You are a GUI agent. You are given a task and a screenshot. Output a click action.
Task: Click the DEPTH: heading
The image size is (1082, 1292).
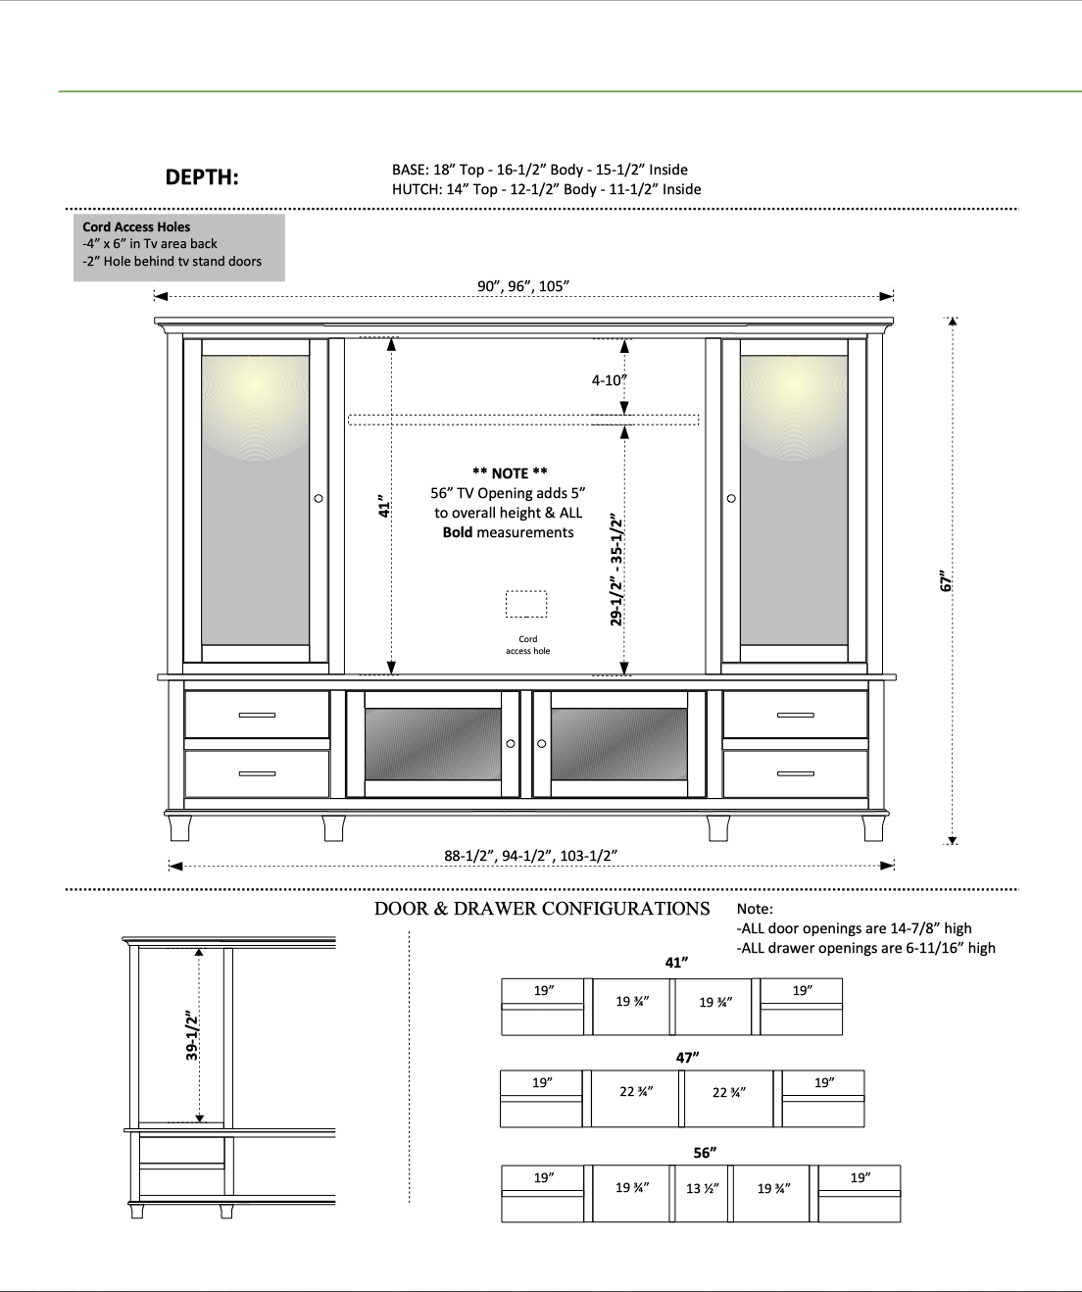point(202,177)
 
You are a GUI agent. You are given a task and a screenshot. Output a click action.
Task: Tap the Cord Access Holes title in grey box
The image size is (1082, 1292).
point(136,226)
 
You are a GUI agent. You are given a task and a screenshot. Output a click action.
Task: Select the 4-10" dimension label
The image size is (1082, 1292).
point(609,379)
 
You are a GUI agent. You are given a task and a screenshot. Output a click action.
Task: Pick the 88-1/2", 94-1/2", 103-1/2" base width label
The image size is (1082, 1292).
point(530,856)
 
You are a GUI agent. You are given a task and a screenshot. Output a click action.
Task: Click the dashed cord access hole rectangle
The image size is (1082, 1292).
point(526,604)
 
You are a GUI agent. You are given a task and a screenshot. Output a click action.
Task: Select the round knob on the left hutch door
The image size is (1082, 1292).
point(319,499)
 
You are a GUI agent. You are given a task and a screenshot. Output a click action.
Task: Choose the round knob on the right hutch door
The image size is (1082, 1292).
point(731,499)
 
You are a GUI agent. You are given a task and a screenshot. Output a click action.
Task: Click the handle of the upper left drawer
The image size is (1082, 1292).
point(257,715)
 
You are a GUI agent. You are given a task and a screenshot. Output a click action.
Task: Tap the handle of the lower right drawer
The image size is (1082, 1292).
point(795,773)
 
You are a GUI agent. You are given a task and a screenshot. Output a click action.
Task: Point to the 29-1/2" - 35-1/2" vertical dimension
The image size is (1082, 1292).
point(617,569)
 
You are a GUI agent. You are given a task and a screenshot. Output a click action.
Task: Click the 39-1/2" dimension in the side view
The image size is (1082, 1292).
point(193,1033)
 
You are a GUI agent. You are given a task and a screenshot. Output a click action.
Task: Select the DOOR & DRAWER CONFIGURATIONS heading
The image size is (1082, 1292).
point(542,908)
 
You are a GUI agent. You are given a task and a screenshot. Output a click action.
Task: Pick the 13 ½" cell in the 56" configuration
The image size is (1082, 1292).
point(703,1189)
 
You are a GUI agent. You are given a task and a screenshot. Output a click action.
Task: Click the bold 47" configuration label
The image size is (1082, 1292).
point(687,1058)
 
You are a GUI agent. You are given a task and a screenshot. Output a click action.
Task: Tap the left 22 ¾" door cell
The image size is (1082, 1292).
point(637,1091)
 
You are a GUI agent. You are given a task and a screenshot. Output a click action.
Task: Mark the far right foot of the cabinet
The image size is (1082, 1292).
point(871,827)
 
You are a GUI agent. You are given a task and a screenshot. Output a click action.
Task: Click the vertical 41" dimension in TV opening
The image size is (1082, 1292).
point(385,507)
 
